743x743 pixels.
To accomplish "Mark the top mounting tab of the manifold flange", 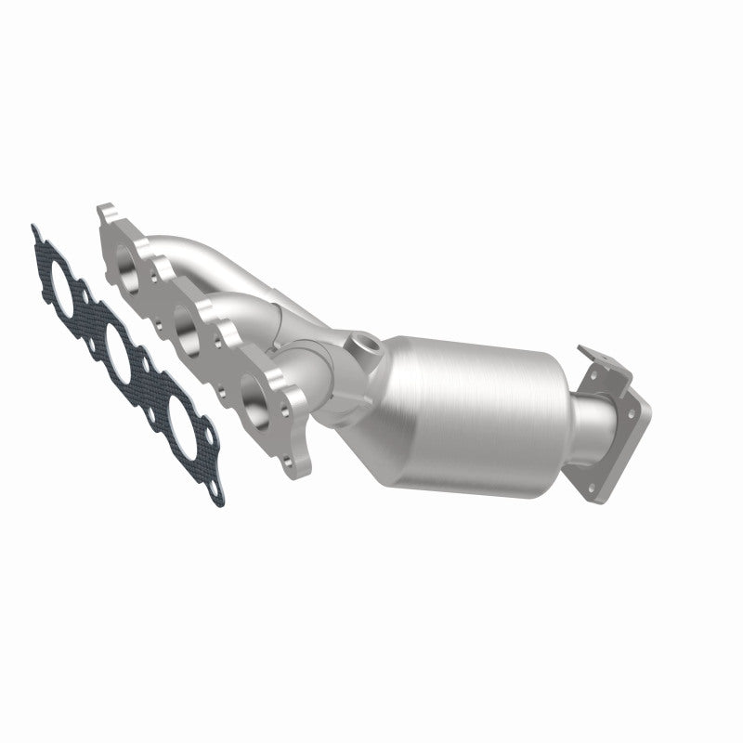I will [x=105, y=215].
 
